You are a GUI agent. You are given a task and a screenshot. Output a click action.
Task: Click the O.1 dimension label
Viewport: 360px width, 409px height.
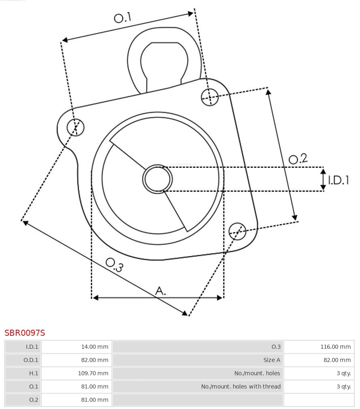122,18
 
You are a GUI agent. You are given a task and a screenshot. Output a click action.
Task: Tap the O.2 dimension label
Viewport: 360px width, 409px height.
298,159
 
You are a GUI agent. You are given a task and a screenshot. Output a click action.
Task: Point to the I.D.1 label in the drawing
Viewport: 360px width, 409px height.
338,180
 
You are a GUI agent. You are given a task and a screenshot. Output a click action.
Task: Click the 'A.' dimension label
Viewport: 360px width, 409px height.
161,290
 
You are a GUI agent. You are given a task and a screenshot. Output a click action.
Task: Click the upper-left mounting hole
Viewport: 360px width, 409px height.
76,127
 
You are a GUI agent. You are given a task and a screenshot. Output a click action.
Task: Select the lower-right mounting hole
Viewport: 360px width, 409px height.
237,231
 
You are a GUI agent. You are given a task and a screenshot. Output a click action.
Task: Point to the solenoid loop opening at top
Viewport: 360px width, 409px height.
164,63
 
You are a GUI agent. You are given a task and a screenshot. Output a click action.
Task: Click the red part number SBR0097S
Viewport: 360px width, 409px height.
25,333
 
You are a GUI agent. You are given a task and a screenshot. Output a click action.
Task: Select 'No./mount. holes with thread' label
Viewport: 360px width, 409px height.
241,386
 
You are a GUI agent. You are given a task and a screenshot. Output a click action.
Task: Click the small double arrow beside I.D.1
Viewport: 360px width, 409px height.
323,179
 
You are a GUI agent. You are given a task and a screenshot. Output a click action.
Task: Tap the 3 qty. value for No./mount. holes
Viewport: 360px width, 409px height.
343,373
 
